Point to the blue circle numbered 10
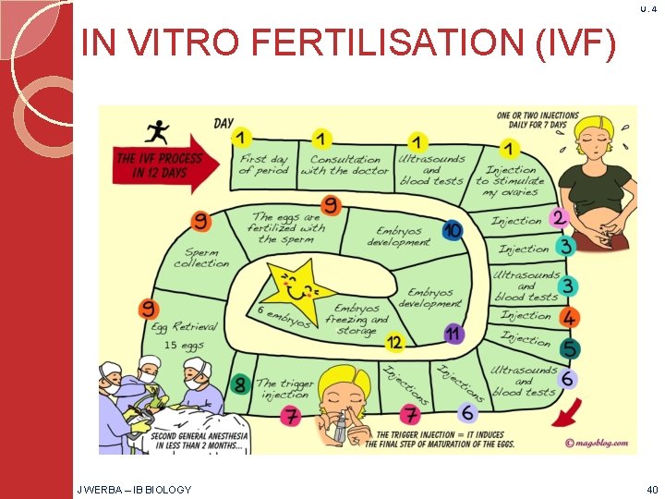pos(453,230)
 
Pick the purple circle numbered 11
pos(453,334)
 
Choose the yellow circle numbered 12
pos(394,344)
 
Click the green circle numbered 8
pos(240,383)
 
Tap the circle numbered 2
pos(558,218)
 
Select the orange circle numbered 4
pos(570,319)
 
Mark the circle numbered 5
pos(570,348)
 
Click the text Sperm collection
pos(201,258)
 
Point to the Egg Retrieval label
pos(185,326)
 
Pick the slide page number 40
pos(652,489)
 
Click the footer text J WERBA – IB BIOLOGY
pos(135,489)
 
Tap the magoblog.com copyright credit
pos(596,442)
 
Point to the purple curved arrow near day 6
pos(562,411)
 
